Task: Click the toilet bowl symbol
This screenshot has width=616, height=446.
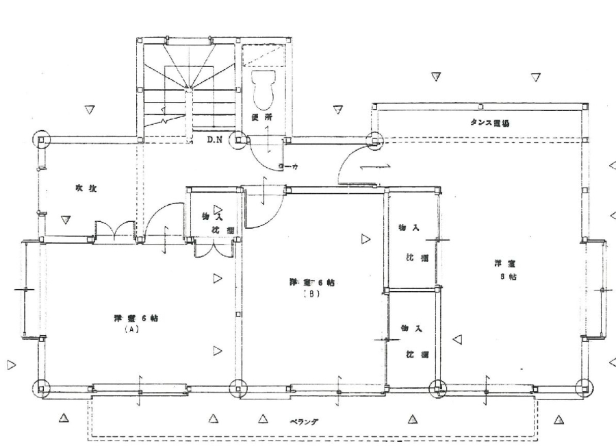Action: coord(261,86)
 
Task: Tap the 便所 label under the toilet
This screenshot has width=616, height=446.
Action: coord(262,117)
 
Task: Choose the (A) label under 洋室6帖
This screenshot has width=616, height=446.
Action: coord(131,329)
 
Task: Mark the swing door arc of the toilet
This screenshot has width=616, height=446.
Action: coord(264,156)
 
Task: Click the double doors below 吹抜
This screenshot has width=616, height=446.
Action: coord(114,232)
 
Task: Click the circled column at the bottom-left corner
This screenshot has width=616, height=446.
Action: coord(41,387)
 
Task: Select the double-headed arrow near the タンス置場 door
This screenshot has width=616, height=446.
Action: coord(383,166)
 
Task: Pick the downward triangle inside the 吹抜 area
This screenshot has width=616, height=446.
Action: coord(66,220)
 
